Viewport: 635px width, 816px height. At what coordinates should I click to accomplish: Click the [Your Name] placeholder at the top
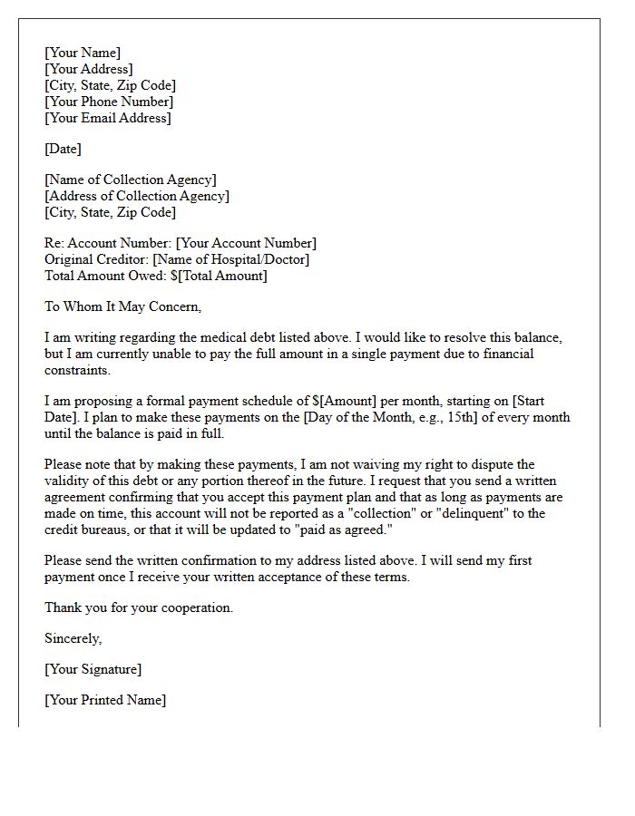point(82,53)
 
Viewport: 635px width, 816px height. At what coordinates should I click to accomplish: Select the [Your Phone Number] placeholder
point(108,102)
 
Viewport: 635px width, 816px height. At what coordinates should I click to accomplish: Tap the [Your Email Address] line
point(107,118)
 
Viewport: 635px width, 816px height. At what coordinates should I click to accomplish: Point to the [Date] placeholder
point(63,149)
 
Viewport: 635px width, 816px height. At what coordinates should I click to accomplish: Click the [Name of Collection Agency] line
point(131,180)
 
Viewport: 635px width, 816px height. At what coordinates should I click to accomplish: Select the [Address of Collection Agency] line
point(137,196)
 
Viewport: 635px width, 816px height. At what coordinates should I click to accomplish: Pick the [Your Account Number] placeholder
point(246,243)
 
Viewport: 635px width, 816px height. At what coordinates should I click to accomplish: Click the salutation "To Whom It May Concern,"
point(122,306)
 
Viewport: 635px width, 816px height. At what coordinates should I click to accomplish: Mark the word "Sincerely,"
point(73,638)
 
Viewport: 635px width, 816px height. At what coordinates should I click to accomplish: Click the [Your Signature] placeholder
point(93,669)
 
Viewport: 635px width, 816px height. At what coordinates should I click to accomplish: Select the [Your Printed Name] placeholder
point(105,700)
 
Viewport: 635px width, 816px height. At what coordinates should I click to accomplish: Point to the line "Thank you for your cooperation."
point(139,607)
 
